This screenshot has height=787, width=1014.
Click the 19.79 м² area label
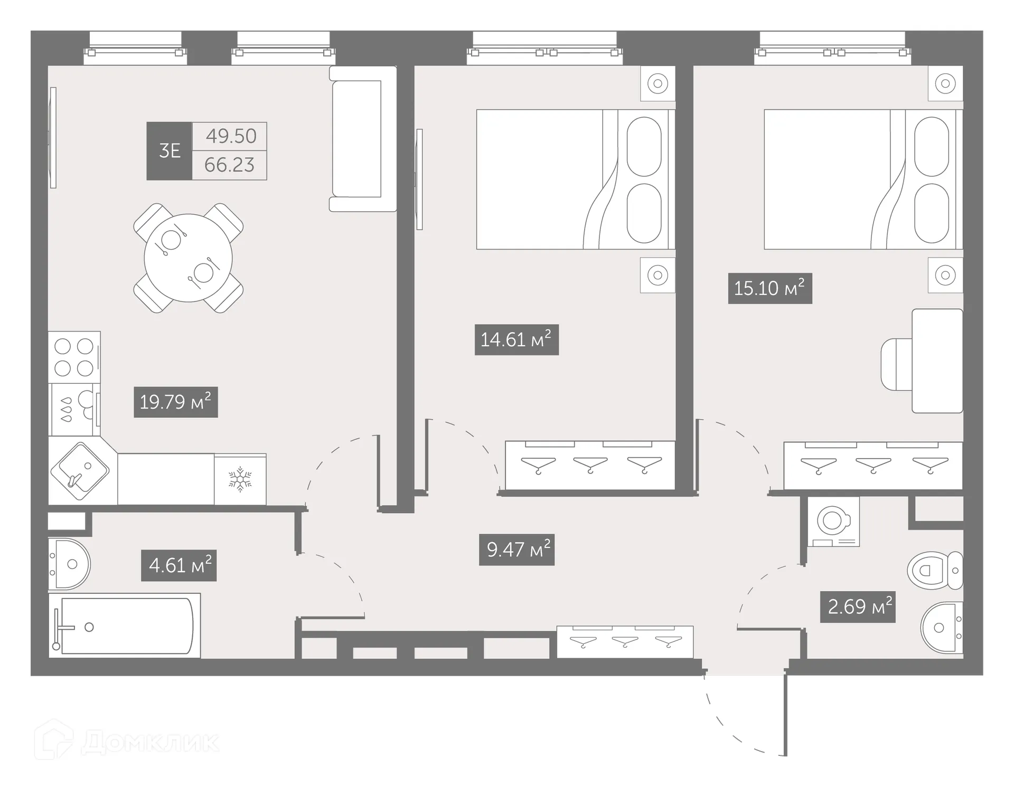tap(176, 402)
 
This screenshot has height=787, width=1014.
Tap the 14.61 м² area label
tap(517, 339)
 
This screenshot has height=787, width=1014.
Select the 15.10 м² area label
tap(769, 288)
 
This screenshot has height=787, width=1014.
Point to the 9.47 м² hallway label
tap(517, 550)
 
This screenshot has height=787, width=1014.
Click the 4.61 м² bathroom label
tap(179, 566)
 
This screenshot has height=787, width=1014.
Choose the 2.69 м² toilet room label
tap(858, 607)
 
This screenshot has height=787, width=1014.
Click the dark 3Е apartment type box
tap(170, 151)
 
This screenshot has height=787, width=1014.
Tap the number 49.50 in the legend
tap(230, 136)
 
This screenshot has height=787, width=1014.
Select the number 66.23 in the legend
tap(229, 165)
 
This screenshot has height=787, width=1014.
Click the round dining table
tap(188, 258)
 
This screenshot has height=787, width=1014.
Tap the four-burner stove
tap(74, 357)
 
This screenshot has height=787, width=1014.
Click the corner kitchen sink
tap(80, 470)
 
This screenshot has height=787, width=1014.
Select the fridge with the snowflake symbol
tap(240, 479)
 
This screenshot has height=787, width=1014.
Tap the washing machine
tap(833, 521)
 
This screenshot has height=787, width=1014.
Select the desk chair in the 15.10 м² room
tap(897, 364)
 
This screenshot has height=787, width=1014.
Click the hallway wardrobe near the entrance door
tap(625, 641)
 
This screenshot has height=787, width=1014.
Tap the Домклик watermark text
tap(150, 742)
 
